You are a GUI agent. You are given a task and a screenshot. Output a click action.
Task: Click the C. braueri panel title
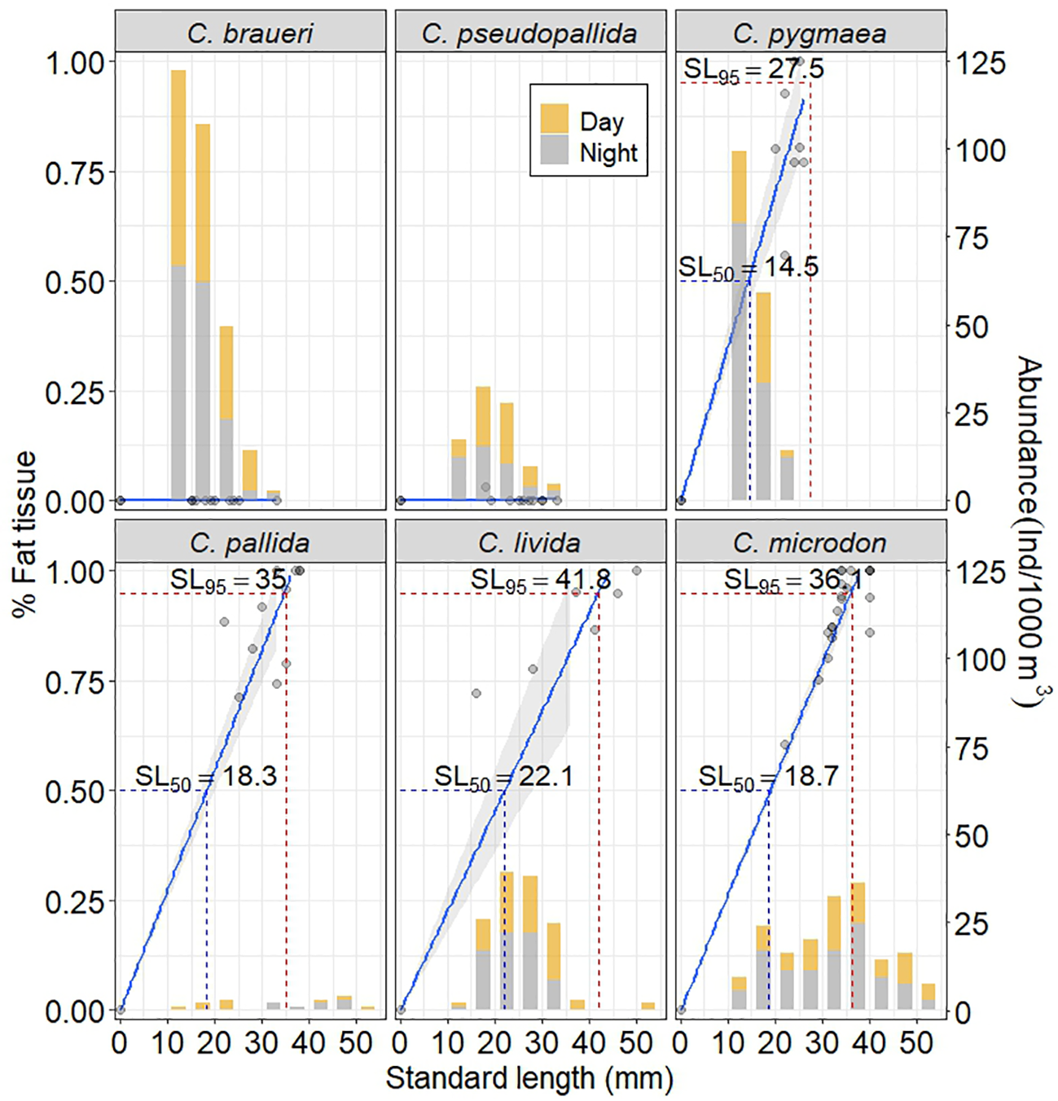250,33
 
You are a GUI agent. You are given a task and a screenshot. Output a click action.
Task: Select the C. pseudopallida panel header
529,33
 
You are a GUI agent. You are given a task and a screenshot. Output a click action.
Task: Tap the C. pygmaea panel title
810,33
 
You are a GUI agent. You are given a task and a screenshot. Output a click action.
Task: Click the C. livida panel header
529,542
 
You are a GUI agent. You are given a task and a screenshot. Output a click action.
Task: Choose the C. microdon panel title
810,542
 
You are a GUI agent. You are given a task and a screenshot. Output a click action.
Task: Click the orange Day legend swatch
555,119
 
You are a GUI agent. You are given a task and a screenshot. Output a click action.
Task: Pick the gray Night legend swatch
555,151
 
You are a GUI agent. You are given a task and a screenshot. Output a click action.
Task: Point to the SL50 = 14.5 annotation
748,267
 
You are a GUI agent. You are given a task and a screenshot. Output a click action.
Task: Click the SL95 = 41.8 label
540,581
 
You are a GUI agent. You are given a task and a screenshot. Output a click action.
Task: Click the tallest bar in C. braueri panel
178,285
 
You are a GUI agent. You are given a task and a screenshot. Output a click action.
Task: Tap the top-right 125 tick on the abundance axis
980,63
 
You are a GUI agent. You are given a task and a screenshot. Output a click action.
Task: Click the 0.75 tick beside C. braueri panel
74,173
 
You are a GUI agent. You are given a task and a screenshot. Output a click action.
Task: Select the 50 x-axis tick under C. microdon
916,1042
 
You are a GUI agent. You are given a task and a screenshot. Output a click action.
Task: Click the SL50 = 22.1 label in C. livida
503,776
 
